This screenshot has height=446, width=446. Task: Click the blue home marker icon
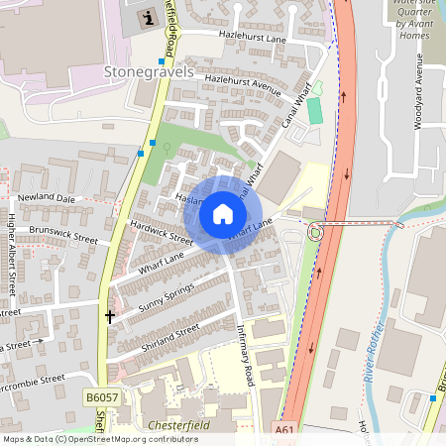223,214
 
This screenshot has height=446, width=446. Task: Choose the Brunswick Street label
63,235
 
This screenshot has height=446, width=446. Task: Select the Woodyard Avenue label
418,99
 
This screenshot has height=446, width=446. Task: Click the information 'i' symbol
149,17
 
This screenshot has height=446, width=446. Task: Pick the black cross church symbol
109,316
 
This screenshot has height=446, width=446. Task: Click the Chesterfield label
173,424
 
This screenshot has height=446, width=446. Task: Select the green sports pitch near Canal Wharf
315,110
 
